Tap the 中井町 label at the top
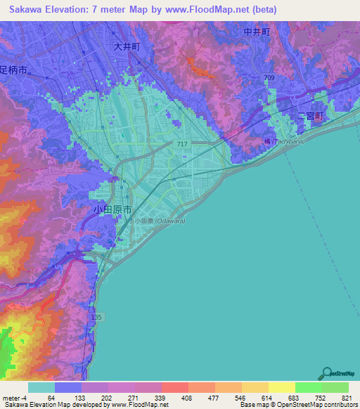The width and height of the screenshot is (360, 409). (257, 32)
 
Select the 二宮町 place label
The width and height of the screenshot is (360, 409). (309, 116)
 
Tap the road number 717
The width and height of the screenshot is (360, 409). (182, 143)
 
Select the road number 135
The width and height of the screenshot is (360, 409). (96, 318)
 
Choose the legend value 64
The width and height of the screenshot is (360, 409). (51, 397)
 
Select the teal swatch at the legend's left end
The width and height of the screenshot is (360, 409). (41, 387)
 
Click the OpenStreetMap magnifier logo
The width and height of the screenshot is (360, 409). (326, 374)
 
